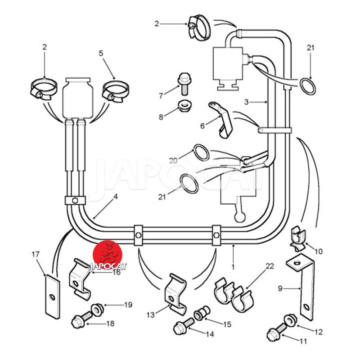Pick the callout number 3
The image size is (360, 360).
coord(246,102)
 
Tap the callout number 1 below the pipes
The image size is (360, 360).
coord(233,266)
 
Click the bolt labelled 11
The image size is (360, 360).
coord(274,334)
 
